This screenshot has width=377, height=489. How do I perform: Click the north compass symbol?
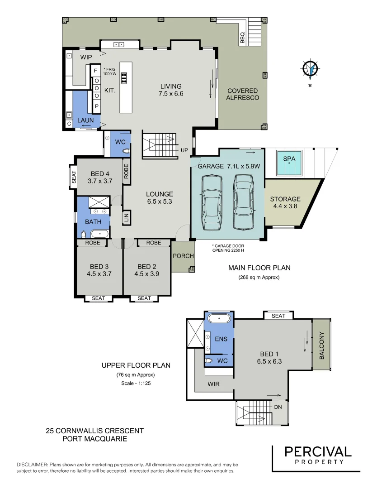point(310,69)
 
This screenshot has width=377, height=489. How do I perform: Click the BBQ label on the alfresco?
point(242,38)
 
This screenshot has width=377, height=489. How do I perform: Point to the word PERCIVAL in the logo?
point(317,451)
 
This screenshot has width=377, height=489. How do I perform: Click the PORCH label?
point(183,256)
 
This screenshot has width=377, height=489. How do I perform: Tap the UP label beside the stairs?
point(184,150)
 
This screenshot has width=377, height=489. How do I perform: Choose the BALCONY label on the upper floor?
point(322,346)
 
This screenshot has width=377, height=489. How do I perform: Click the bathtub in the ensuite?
point(219,318)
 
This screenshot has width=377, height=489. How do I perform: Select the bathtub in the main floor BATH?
point(99,234)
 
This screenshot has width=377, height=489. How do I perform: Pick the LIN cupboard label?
point(126,217)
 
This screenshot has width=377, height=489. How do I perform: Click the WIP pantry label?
point(86,58)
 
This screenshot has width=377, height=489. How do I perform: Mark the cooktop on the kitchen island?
point(124,79)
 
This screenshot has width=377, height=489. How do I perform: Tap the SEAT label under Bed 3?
point(98,298)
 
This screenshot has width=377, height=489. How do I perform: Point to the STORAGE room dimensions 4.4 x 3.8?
point(285,206)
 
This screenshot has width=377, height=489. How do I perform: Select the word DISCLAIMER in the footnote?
point(31,465)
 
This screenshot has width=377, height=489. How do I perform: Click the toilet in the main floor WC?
point(126,151)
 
